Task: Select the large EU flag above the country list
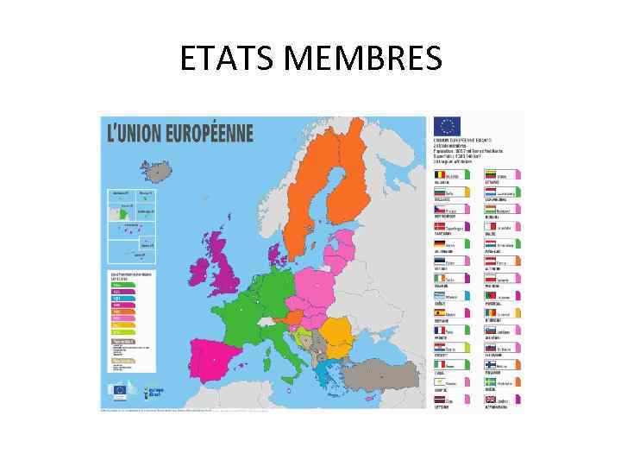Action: (x=447, y=126)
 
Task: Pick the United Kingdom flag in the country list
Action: (x=491, y=400)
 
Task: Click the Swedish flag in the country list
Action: (x=491, y=382)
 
